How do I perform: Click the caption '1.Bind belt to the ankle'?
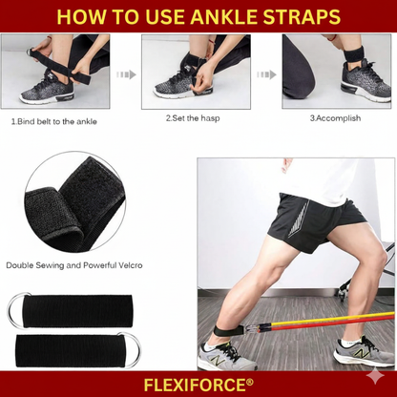[53, 121]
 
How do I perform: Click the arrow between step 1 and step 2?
[124, 73]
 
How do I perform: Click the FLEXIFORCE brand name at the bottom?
[198, 384]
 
